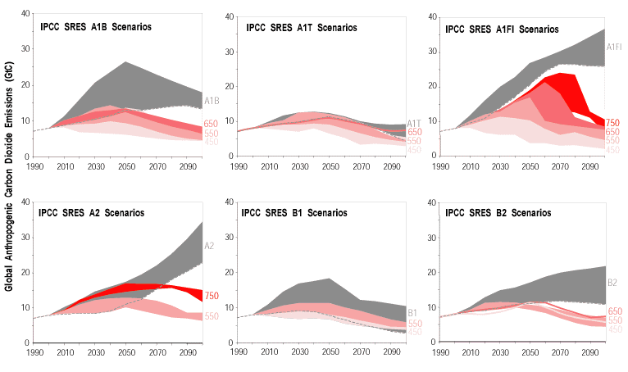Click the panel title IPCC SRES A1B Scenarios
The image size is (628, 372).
click(x=95, y=27)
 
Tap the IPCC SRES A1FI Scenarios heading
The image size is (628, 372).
click(x=502, y=29)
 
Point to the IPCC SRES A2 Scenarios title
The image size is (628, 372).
click(x=91, y=213)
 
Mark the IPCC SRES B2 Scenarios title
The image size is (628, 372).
click(x=498, y=213)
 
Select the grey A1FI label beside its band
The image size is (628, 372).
click(x=615, y=48)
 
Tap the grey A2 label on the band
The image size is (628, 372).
click(x=210, y=245)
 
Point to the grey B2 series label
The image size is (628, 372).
click(x=612, y=284)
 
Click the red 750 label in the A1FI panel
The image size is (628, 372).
click(x=613, y=123)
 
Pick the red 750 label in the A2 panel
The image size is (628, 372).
click(x=211, y=296)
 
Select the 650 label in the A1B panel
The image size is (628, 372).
click(x=211, y=125)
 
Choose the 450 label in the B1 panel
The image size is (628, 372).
click(x=415, y=332)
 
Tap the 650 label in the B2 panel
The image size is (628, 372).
click(x=614, y=312)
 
